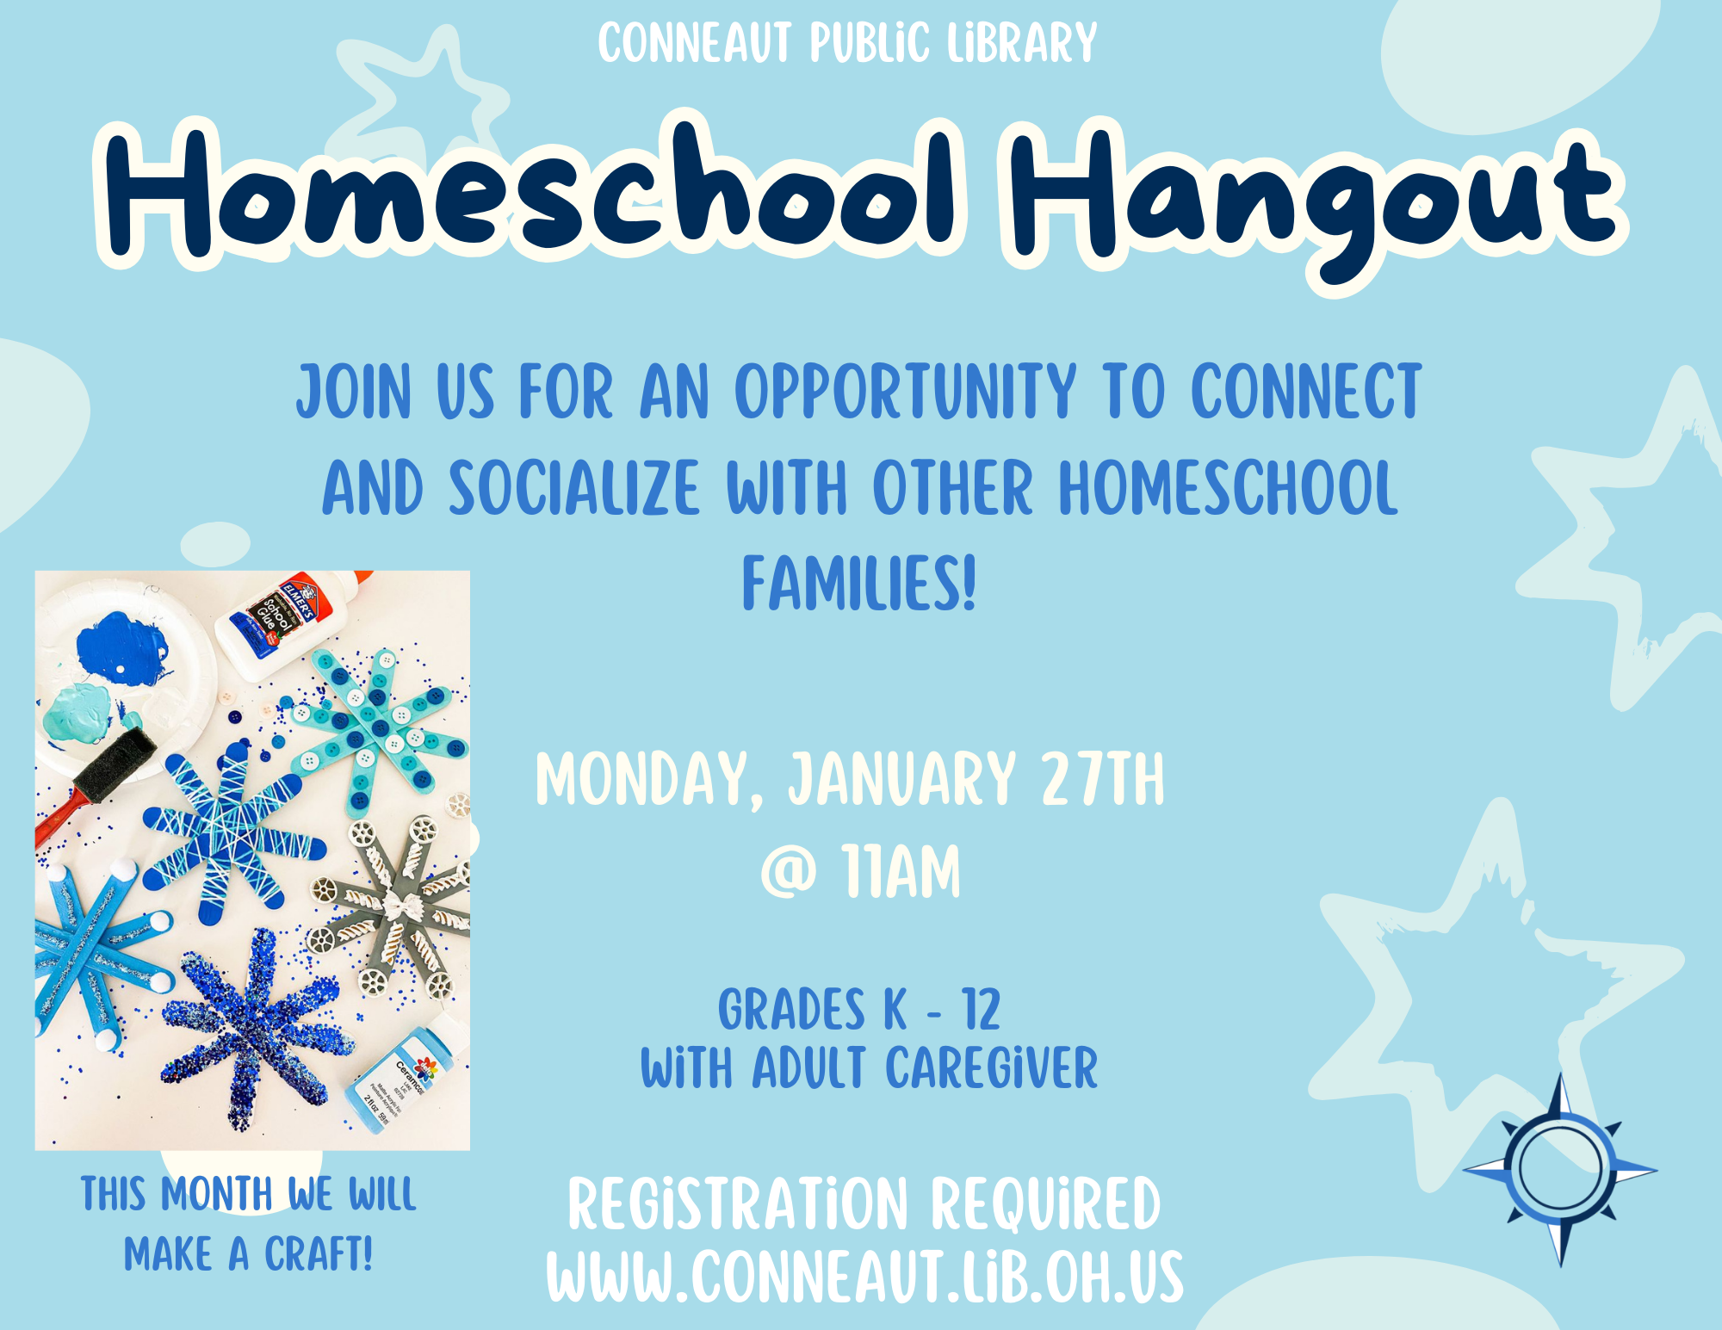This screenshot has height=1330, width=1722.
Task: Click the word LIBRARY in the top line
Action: (x=1022, y=43)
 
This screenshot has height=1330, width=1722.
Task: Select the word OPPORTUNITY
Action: (x=905, y=392)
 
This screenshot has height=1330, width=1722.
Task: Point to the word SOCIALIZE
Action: (x=574, y=487)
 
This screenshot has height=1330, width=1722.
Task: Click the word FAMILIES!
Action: (x=859, y=583)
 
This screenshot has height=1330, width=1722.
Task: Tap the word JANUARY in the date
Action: (x=902, y=780)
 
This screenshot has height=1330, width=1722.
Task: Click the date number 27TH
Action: (x=1102, y=779)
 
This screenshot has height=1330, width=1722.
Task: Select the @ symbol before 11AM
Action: (x=788, y=871)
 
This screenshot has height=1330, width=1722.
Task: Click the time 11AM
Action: (x=901, y=871)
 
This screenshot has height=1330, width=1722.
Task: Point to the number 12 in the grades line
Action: (x=981, y=1010)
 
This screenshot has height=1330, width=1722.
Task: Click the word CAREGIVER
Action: (x=992, y=1068)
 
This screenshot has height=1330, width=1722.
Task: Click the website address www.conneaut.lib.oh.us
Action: (x=864, y=1277)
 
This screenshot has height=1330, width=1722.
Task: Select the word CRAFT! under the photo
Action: (x=318, y=1253)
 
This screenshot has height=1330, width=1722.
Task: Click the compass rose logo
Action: (x=1560, y=1169)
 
